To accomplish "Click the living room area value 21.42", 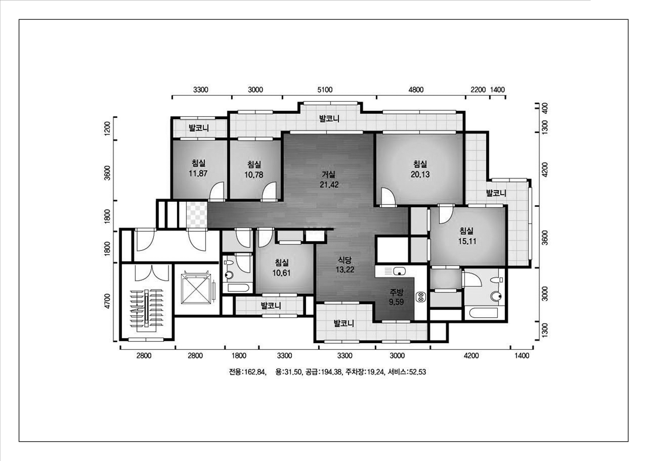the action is coord(329,185).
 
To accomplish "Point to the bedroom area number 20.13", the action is coord(420,174).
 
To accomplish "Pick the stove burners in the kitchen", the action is coord(420,297).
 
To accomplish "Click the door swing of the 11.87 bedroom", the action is coord(217,191).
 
